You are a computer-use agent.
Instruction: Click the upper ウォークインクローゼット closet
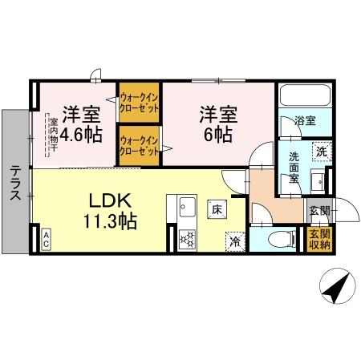coord(138,103)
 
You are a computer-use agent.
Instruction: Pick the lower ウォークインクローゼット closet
coord(138,146)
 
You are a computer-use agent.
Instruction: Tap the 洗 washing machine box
coord(319,150)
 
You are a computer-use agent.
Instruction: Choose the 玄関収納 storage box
coord(319,240)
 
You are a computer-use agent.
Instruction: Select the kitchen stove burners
coord(188,238)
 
